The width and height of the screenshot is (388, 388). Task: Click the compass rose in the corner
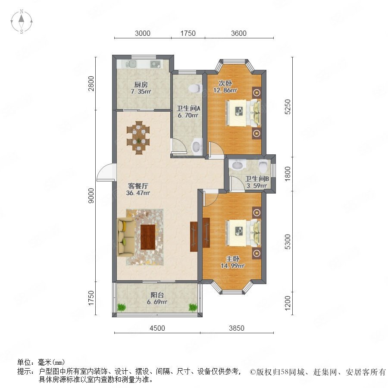(x=22, y=22)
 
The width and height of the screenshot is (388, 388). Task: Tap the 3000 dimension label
(x=143, y=33)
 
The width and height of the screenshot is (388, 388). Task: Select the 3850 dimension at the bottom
(x=237, y=328)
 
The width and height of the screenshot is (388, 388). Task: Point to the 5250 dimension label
(x=287, y=106)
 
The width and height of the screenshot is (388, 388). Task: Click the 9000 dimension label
(x=91, y=196)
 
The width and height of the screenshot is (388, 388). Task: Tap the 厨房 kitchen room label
(x=141, y=84)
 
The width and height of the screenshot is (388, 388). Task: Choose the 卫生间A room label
(x=188, y=108)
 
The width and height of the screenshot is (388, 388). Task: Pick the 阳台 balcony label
(x=157, y=295)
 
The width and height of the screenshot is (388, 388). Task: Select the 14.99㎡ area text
(x=233, y=266)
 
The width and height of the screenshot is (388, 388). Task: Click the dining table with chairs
(x=138, y=138)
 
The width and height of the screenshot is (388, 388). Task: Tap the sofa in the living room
(x=126, y=237)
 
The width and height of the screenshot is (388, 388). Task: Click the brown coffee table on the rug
(x=148, y=237)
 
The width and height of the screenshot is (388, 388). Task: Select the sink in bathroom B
(x=237, y=165)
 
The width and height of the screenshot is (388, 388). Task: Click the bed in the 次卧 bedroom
(x=243, y=113)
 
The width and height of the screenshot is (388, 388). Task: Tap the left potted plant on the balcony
(x=122, y=307)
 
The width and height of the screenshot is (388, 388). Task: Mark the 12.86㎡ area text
(x=225, y=90)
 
